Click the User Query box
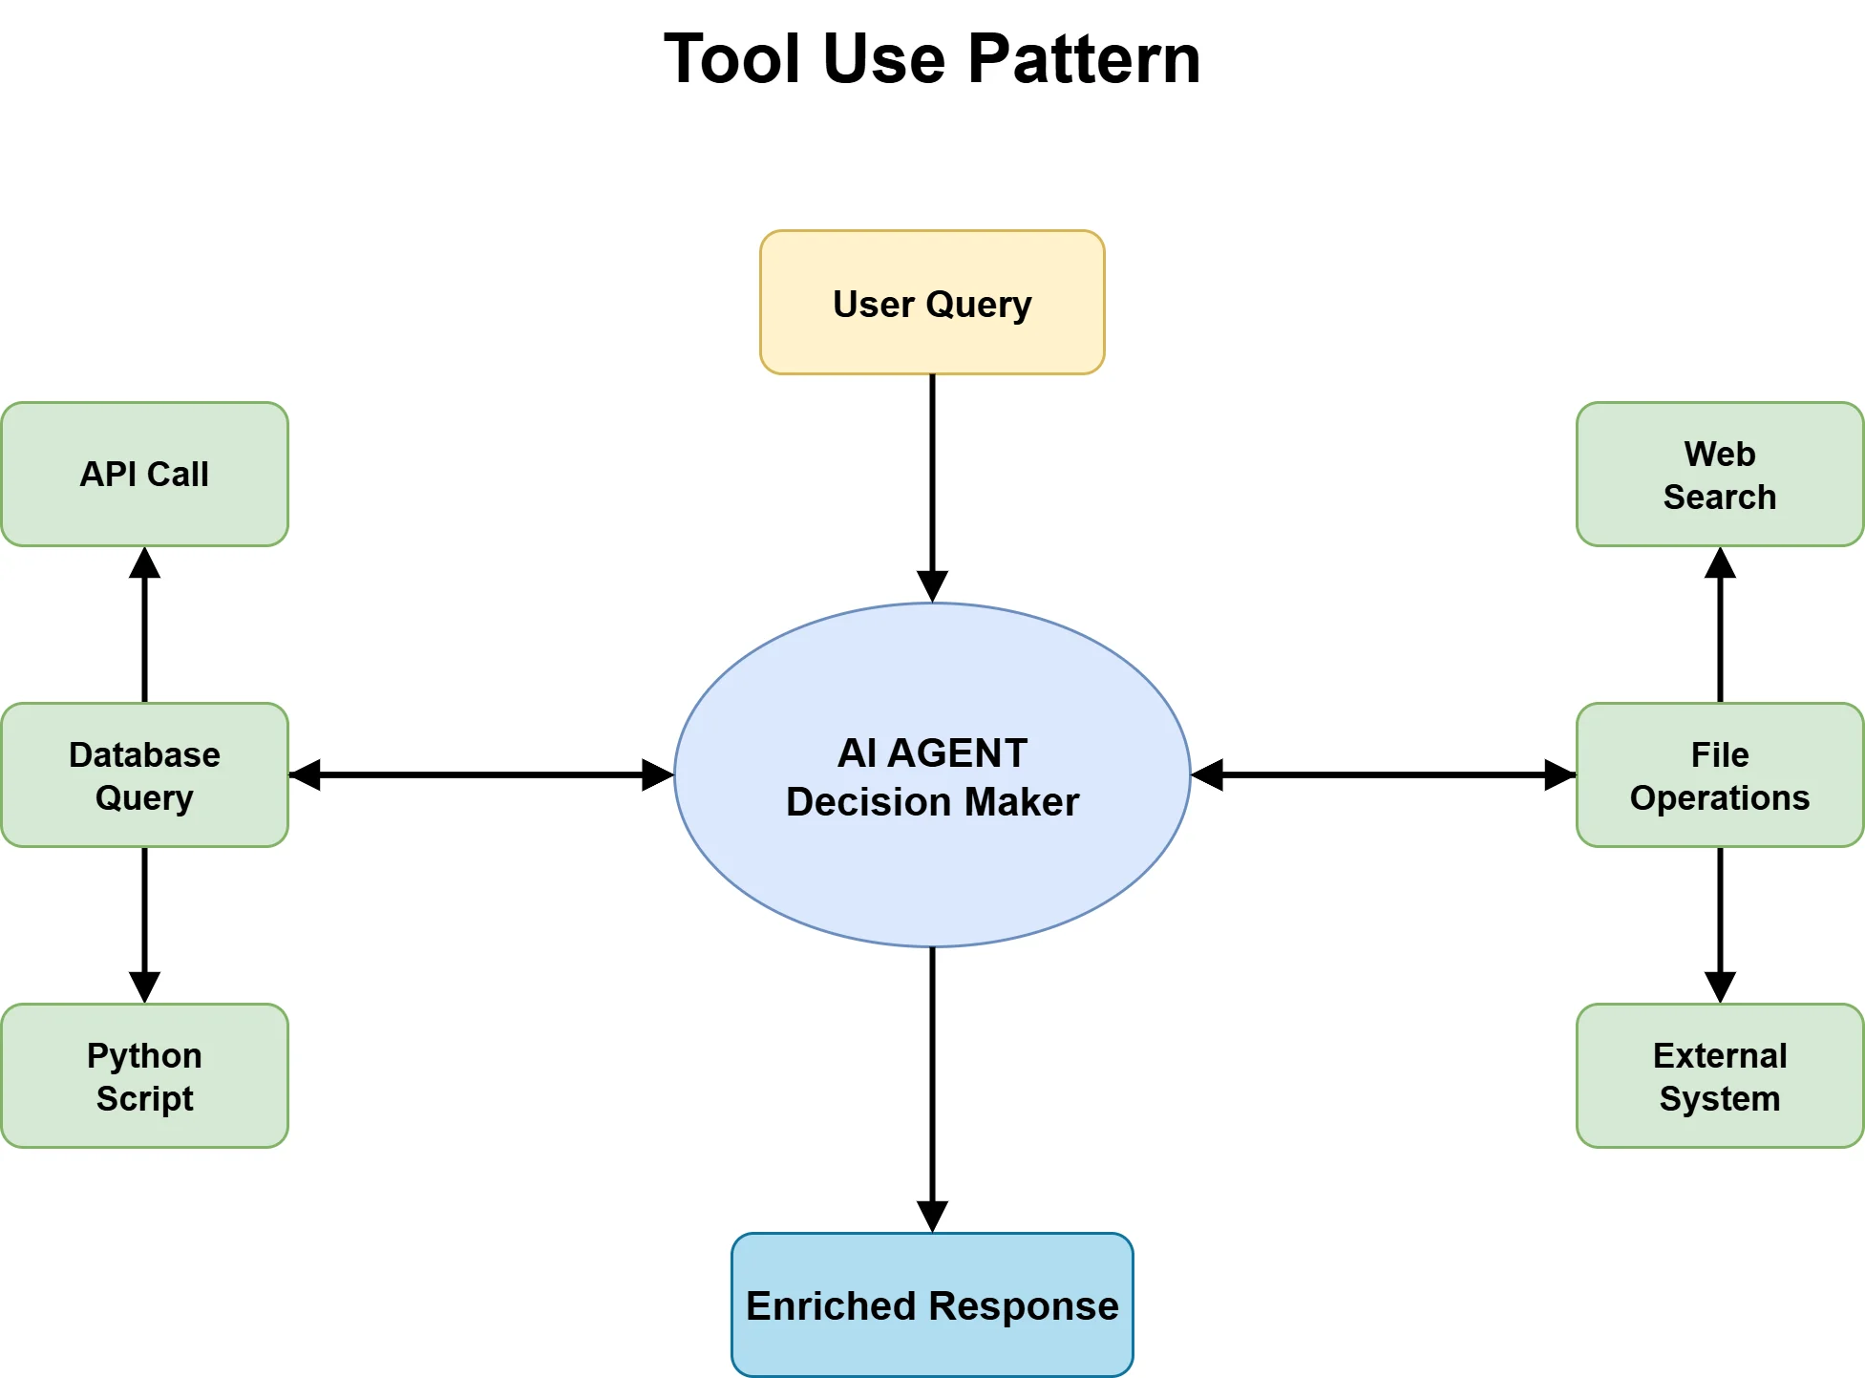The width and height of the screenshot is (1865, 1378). (x=932, y=303)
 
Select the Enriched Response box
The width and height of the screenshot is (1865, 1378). (x=932, y=1304)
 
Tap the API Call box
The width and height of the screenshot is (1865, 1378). (x=144, y=474)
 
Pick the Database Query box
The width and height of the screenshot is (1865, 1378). (x=144, y=774)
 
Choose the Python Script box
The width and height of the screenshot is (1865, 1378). (x=144, y=1075)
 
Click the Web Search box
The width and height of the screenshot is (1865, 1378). (x=1719, y=474)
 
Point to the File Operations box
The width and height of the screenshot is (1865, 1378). (x=1719, y=774)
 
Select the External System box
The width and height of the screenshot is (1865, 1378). (x=1719, y=1075)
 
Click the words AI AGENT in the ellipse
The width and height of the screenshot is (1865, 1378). (x=932, y=753)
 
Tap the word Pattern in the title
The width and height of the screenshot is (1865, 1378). (x=1084, y=59)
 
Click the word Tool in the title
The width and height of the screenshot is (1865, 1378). (x=731, y=59)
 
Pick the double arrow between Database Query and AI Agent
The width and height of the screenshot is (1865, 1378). (x=481, y=774)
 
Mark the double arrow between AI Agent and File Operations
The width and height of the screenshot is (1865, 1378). (x=1383, y=774)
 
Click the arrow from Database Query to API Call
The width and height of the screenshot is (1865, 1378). (x=144, y=625)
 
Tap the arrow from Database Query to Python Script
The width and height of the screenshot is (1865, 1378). (x=144, y=922)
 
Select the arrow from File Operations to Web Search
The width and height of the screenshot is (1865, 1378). (x=1720, y=625)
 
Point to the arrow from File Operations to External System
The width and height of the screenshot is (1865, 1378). (x=1720, y=922)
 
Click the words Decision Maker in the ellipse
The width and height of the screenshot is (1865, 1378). (x=932, y=802)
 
